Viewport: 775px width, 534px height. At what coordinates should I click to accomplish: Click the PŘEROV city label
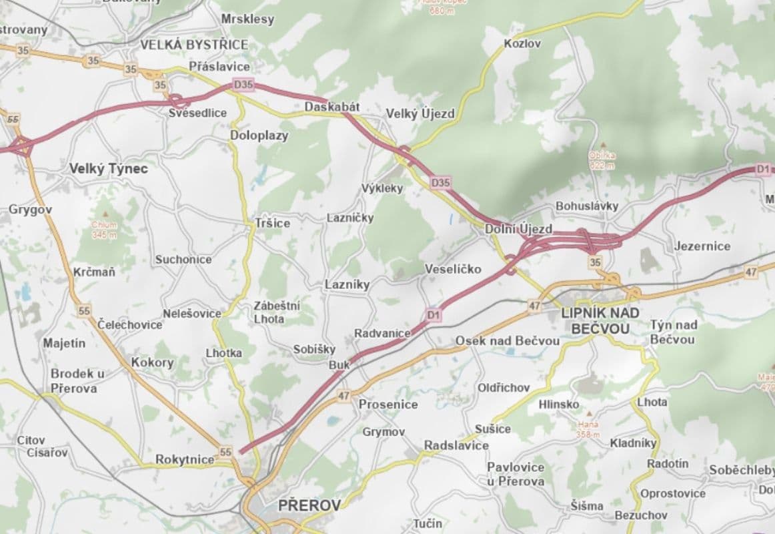[309, 505]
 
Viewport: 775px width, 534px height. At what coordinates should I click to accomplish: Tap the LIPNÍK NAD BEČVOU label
[601, 320]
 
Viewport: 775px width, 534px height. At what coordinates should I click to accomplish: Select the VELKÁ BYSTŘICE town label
[193, 45]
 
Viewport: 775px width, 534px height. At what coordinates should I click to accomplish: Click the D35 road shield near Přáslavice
[243, 84]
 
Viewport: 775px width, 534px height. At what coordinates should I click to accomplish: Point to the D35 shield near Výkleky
[441, 182]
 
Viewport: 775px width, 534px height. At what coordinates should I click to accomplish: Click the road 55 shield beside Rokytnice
[225, 452]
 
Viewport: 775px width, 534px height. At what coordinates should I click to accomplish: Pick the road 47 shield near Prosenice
[343, 396]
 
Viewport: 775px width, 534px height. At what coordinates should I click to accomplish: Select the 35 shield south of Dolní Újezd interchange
[595, 262]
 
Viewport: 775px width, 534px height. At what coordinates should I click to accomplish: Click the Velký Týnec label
[109, 169]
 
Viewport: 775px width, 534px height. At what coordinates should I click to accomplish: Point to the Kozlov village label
[522, 43]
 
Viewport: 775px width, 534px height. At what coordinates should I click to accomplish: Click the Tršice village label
[272, 223]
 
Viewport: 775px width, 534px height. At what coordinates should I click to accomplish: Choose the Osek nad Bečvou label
[507, 340]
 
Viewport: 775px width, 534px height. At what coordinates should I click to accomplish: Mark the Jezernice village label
[702, 246]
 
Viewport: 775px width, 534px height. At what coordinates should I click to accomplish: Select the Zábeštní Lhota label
[277, 312]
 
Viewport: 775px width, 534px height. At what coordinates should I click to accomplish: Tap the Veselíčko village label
[453, 269]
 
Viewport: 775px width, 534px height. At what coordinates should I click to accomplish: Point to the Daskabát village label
[332, 107]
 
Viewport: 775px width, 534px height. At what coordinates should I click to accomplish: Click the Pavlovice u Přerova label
[515, 473]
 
